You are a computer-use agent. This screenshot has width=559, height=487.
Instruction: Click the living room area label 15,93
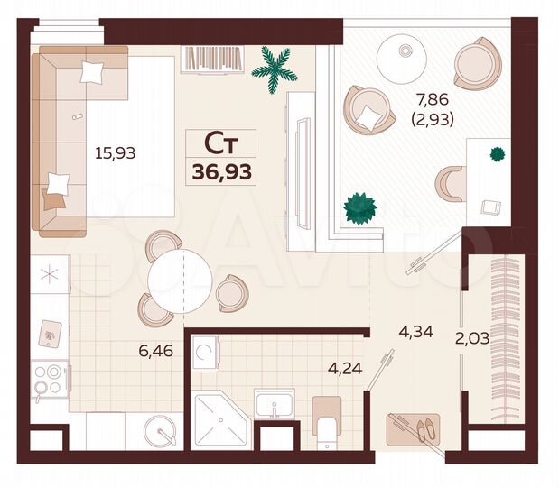(x=116, y=152)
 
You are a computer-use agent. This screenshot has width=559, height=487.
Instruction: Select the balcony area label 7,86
(x=429, y=97)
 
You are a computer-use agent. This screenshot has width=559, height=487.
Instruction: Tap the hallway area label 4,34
(x=415, y=331)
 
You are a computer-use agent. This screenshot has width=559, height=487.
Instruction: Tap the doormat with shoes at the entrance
(x=414, y=428)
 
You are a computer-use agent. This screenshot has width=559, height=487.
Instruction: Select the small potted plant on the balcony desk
(x=496, y=154)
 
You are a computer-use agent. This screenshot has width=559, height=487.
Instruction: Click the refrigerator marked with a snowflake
(x=50, y=274)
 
